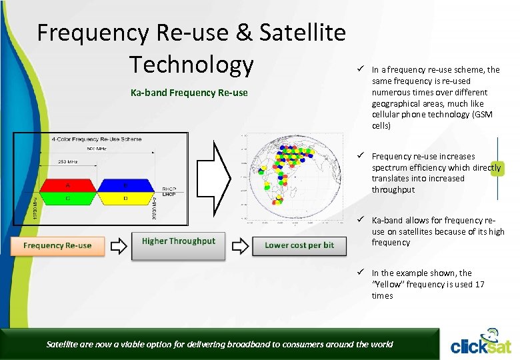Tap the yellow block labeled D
[125, 197]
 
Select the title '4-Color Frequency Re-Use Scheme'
[96, 139]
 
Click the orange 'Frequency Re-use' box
[57, 245]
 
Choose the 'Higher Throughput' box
[178, 241]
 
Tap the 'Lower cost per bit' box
[299, 245]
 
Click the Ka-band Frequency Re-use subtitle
[189, 93]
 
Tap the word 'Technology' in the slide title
[191, 65]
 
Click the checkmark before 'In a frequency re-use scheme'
[359, 69]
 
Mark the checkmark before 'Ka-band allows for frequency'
[359, 220]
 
